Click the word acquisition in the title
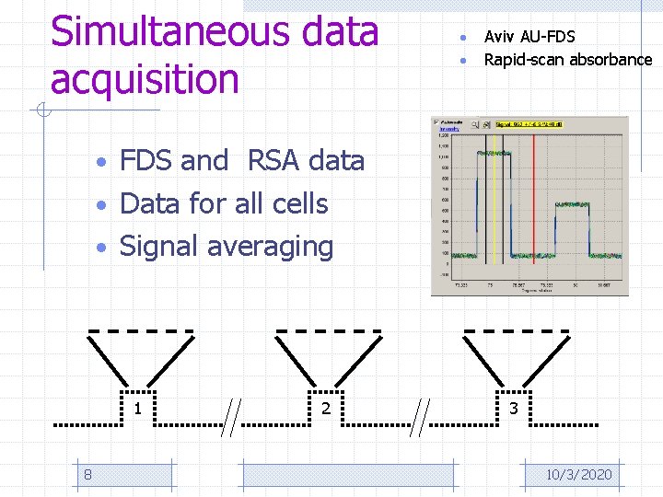(145, 79)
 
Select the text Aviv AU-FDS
(529, 37)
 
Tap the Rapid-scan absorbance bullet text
(567, 60)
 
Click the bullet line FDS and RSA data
(242, 161)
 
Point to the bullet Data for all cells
(224, 203)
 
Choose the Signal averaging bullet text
(227, 246)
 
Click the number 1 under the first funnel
(137, 409)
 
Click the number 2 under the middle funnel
(325, 409)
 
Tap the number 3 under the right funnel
(513, 409)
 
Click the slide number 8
(87, 474)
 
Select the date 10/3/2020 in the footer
(578, 474)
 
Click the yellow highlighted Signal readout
(529, 123)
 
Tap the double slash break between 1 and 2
(235, 414)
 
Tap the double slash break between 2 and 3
(424, 414)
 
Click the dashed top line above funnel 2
(329, 329)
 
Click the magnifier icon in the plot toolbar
(480, 123)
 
